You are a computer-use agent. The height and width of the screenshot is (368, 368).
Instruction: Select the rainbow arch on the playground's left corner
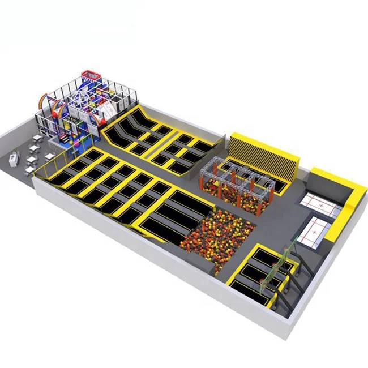45,104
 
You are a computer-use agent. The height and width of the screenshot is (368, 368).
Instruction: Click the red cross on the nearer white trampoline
313,232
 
